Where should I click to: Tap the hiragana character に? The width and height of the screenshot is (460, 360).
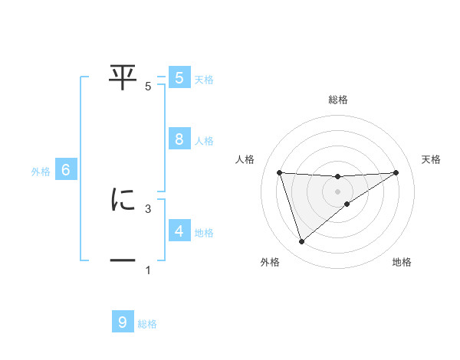123,200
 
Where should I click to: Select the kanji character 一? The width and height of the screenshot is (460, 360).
123,261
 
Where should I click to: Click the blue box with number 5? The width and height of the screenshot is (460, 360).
179,78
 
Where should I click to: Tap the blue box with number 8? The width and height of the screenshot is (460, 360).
179,139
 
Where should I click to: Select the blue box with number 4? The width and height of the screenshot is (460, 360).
179,231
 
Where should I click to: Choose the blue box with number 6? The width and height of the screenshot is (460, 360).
66,171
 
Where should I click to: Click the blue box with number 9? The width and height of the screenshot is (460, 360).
123,322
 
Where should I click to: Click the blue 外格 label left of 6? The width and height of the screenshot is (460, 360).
41,172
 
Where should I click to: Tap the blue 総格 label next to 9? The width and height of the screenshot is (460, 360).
147,324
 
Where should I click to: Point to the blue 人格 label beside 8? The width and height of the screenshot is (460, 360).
204,141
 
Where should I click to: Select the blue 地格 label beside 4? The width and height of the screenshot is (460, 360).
204,233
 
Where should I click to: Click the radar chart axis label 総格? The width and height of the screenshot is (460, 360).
338,100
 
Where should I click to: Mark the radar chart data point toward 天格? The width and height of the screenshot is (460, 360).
396,172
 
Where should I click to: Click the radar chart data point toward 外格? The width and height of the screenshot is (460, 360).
301,242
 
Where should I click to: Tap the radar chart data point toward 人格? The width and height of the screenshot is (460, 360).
279,172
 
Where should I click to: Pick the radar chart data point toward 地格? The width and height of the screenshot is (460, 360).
347,204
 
